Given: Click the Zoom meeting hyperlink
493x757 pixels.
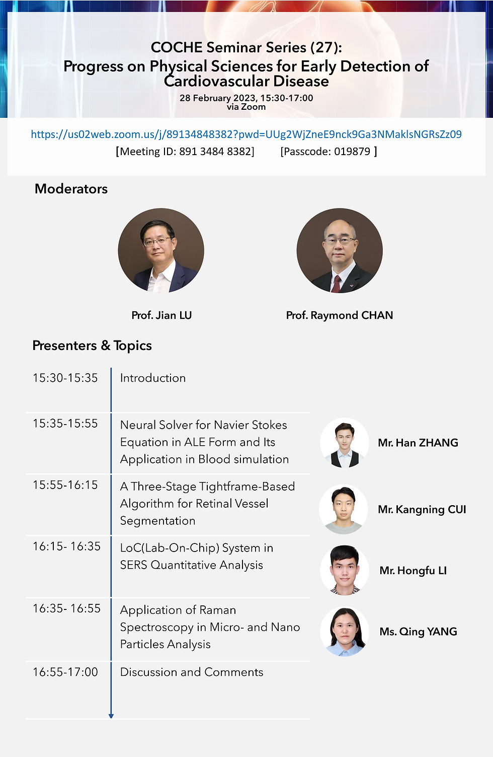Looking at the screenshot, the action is point(246,134).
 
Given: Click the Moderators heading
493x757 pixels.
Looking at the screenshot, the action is point(71,189).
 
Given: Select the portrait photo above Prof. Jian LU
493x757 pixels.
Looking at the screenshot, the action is point(161,250).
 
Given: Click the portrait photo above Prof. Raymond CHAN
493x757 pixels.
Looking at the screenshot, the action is point(340,250).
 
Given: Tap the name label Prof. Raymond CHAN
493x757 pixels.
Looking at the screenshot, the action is point(340,315).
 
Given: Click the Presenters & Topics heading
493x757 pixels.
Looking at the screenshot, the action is point(92,346).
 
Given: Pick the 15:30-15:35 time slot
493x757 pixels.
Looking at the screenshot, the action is point(65,378).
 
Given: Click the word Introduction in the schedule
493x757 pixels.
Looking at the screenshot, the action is point(153,378).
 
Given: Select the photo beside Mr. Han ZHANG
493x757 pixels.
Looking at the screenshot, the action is point(345,443).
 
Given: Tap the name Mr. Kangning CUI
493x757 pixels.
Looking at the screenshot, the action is point(422,509).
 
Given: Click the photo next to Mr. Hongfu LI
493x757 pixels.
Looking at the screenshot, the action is point(345,570).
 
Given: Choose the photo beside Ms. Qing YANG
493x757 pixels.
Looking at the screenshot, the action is point(345,632).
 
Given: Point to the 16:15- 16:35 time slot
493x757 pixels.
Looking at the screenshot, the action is point(66,546).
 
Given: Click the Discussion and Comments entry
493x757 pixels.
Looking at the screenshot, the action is point(192,672).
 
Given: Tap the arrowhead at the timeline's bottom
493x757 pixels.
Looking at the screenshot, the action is point(111,716).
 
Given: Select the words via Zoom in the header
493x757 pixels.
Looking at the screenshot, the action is point(246,107).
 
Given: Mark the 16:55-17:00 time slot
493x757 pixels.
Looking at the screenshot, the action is point(65,672).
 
